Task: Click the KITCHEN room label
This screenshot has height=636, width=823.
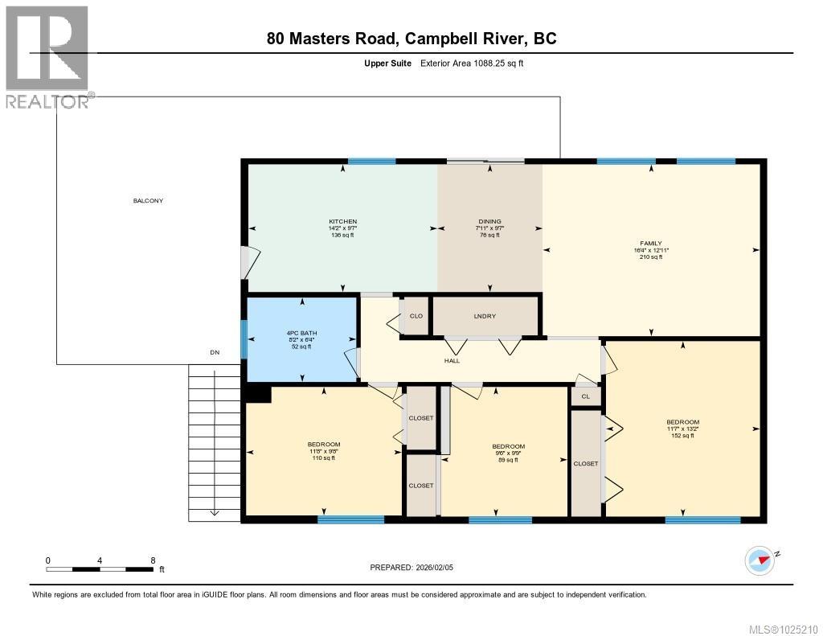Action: (x=342, y=222)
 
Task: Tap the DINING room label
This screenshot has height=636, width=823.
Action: (x=489, y=222)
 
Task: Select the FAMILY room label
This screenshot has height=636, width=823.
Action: (x=651, y=243)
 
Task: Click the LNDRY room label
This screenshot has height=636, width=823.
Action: (x=485, y=316)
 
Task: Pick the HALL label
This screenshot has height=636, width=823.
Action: (x=452, y=361)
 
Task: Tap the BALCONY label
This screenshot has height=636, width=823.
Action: (x=148, y=201)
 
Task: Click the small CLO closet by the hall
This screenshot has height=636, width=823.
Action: (x=416, y=316)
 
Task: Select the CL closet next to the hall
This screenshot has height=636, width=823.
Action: (x=585, y=396)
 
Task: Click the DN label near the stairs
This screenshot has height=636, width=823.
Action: (x=214, y=352)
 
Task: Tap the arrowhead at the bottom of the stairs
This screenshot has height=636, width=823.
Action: (x=215, y=512)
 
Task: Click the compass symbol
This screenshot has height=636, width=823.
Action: (x=759, y=559)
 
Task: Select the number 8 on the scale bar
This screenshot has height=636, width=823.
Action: (x=152, y=560)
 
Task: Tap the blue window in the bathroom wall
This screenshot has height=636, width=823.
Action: (x=244, y=339)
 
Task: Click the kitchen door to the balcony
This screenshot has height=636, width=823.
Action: (x=249, y=263)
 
